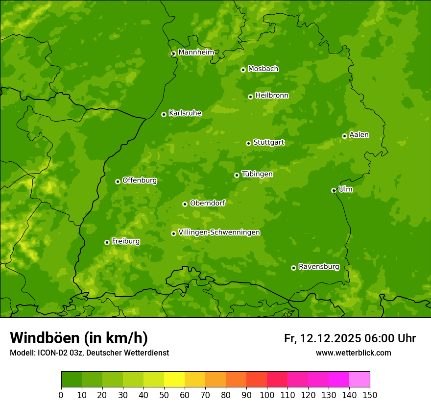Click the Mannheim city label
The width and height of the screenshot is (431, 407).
pyautogui.click(x=196, y=52)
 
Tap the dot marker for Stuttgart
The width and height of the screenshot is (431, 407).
pyautogui.click(x=248, y=143)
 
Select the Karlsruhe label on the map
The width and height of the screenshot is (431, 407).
pyautogui.click(x=185, y=113)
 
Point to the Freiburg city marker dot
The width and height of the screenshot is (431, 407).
pyautogui.click(x=107, y=242)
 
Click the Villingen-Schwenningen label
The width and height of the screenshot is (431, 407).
pyautogui.click(x=219, y=232)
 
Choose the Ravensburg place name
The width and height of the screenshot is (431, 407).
pyautogui.click(x=318, y=267)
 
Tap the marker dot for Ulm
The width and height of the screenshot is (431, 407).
pyautogui.click(x=334, y=190)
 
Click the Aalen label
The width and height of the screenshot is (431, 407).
pyautogui.click(x=359, y=135)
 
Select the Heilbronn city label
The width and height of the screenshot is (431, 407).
pyautogui.click(x=272, y=96)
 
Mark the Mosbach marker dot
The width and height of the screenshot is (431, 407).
pyautogui.click(x=243, y=70)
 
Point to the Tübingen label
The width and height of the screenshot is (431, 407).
pyautogui.click(x=257, y=174)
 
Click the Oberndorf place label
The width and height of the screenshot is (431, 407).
pyautogui.click(x=207, y=203)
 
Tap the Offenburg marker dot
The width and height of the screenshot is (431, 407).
pyautogui.click(x=118, y=181)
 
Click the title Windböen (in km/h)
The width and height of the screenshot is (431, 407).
pyautogui.click(x=79, y=338)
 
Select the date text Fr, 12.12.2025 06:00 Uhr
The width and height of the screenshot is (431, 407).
pyautogui.click(x=350, y=338)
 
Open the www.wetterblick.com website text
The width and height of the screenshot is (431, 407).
pyautogui.click(x=353, y=353)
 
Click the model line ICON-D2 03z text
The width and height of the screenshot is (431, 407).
pyautogui.click(x=89, y=353)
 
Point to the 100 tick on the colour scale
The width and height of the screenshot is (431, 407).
pyautogui.click(x=267, y=395)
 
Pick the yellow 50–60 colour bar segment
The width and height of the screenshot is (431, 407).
pyautogui.click(x=174, y=380)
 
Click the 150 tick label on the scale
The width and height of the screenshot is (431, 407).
pyautogui.click(x=370, y=395)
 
